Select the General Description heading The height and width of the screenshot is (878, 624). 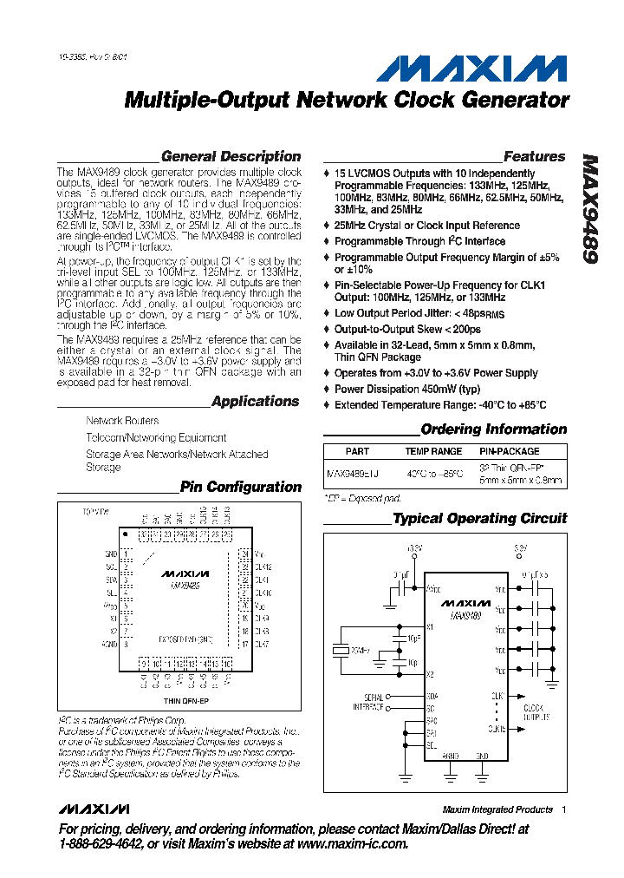[231, 157]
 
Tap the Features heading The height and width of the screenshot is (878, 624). [534, 157]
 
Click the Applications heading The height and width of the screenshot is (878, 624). [256, 402]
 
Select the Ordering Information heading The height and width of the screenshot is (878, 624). [493, 429]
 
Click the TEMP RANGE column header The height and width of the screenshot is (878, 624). [433, 452]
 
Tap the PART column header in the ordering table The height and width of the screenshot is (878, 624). [357, 452]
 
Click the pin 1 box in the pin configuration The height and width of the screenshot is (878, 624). [127, 554]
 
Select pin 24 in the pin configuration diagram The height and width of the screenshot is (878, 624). [245, 554]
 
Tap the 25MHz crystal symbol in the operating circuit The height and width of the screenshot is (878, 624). [336, 650]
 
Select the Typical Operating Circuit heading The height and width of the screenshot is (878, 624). [479, 519]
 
